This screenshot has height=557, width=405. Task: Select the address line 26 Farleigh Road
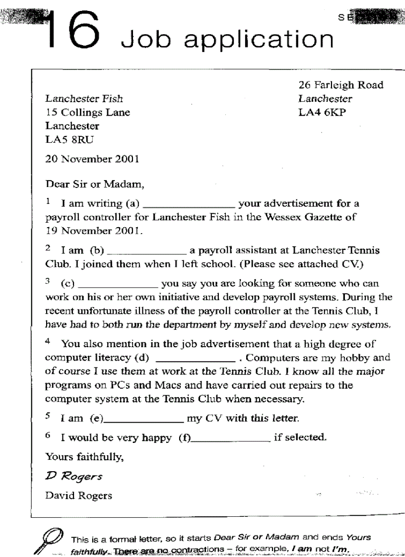pyautogui.click(x=340, y=85)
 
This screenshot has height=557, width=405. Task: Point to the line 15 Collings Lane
pyautogui.click(x=87, y=113)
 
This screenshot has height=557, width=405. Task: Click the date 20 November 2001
pyautogui.click(x=92, y=160)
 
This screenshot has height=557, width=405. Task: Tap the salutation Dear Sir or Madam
pyautogui.click(x=95, y=185)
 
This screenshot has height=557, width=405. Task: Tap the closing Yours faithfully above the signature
pyautogui.click(x=84, y=457)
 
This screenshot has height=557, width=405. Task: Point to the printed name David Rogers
pyautogui.click(x=78, y=495)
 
